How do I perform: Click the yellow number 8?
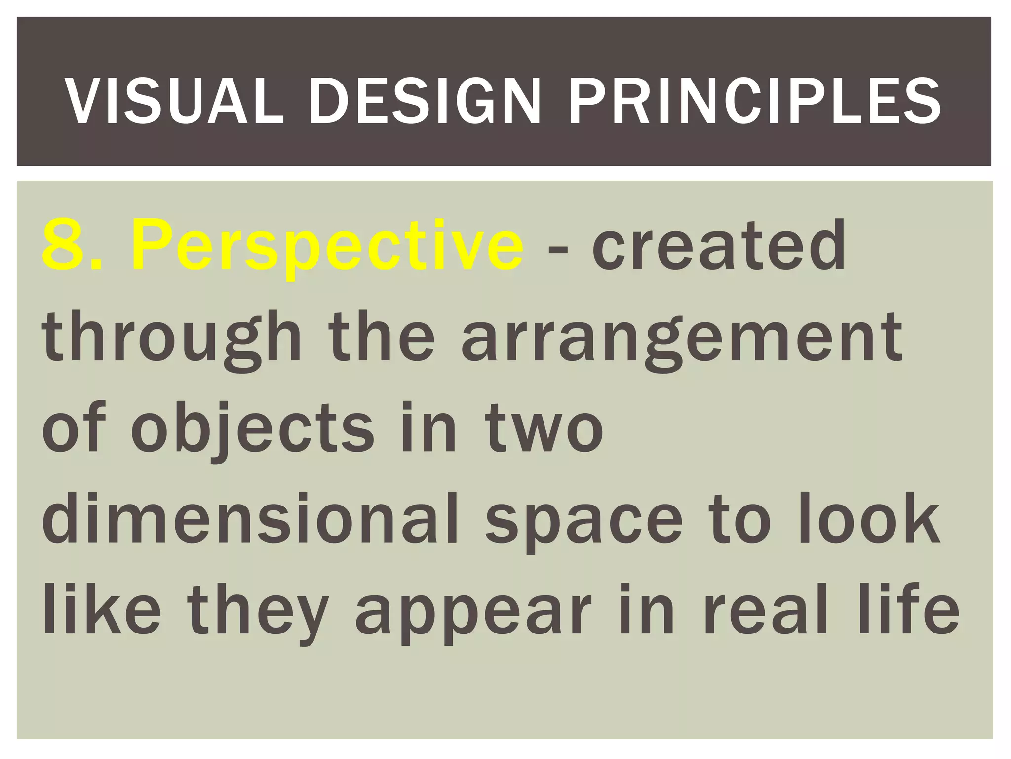tap(67, 246)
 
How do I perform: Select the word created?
tap(719, 246)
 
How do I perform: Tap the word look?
tap(869, 519)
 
